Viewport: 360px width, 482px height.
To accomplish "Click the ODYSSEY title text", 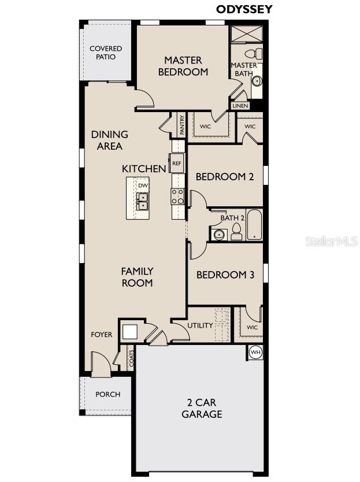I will click(x=244, y=9).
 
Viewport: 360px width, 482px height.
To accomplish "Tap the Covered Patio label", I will click(x=106, y=53).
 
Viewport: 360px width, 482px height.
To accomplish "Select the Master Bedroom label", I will click(x=183, y=66).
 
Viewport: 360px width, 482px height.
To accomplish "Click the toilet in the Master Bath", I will click(x=258, y=54).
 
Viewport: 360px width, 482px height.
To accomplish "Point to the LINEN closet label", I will click(x=240, y=106).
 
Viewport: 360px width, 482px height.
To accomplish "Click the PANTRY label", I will click(x=181, y=125).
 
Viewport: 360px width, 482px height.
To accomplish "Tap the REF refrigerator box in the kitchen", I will click(x=176, y=164).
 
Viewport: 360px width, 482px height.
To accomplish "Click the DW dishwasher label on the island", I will click(x=143, y=186).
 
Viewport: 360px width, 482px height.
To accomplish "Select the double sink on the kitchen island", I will click(x=142, y=201).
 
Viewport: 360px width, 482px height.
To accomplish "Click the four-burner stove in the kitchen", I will click(x=177, y=197).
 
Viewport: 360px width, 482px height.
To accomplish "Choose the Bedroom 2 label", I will click(x=224, y=177).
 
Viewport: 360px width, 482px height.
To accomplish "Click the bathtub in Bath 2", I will click(x=254, y=226).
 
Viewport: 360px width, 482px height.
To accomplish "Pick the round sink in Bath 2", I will click(x=218, y=234).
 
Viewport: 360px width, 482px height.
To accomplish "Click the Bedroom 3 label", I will click(x=225, y=275).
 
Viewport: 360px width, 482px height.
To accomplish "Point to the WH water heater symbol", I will click(x=255, y=352).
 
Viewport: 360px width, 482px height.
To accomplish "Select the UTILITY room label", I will click(x=200, y=325).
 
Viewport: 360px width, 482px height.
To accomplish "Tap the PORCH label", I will click(x=107, y=394).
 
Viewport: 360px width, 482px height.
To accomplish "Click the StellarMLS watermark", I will click(x=331, y=241).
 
